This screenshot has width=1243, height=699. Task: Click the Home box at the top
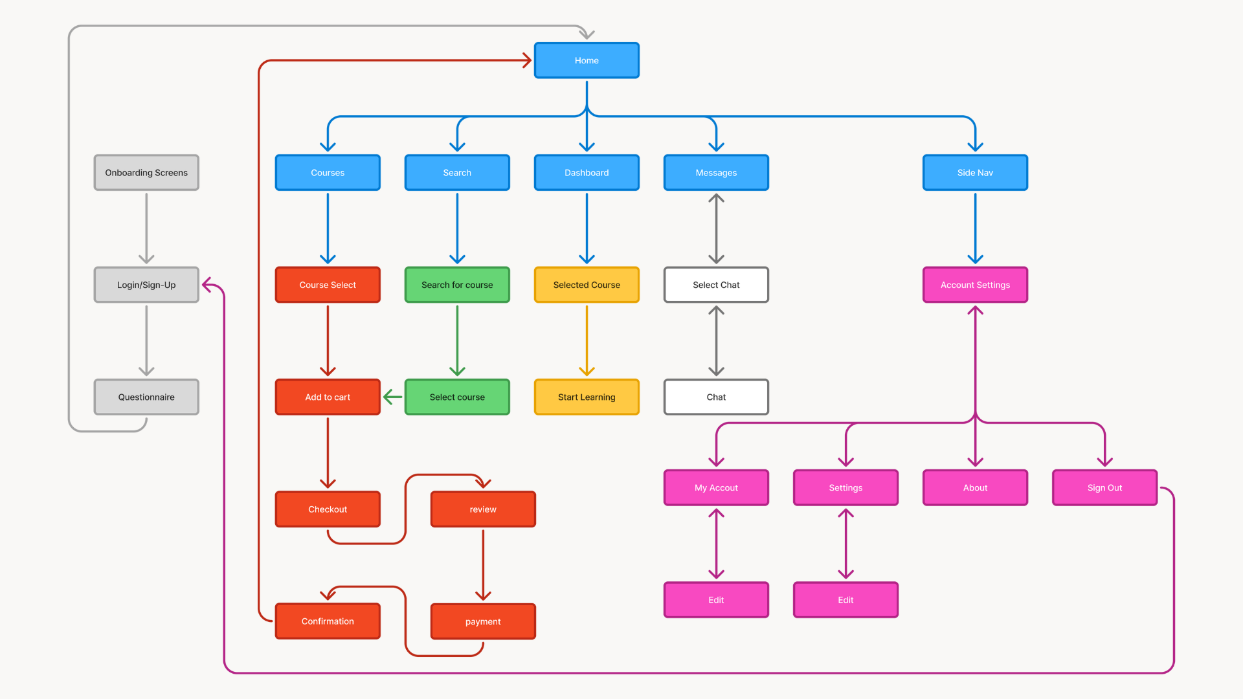(x=587, y=60)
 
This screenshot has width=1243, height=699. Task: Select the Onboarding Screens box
(x=146, y=173)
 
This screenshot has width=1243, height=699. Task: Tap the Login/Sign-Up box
(x=146, y=285)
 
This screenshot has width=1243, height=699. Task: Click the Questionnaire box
(x=146, y=397)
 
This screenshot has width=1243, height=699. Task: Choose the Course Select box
(x=328, y=285)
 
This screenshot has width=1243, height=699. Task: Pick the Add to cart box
(x=328, y=397)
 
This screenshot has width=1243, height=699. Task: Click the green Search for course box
(x=457, y=285)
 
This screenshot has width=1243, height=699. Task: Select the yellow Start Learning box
(x=587, y=397)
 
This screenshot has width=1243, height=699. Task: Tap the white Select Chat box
(x=716, y=285)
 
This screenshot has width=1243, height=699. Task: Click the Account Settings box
(x=975, y=285)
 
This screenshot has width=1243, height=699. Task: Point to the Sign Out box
(x=1104, y=487)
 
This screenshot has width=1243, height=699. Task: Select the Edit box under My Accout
(x=716, y=600)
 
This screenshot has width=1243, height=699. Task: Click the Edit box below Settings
(x=845, y=600)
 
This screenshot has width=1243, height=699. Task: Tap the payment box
(x=483, y=621)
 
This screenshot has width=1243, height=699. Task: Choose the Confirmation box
(x=328, y=621)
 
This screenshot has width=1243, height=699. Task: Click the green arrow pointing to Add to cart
(x=393, y=397)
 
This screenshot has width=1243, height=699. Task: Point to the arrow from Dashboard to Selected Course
(x=587, y=227)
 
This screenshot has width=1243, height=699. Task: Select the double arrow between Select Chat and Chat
(x=716, y=340)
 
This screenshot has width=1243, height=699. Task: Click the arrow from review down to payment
(x=483, y=563)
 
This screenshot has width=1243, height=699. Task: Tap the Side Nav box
(x=975, y=173)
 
